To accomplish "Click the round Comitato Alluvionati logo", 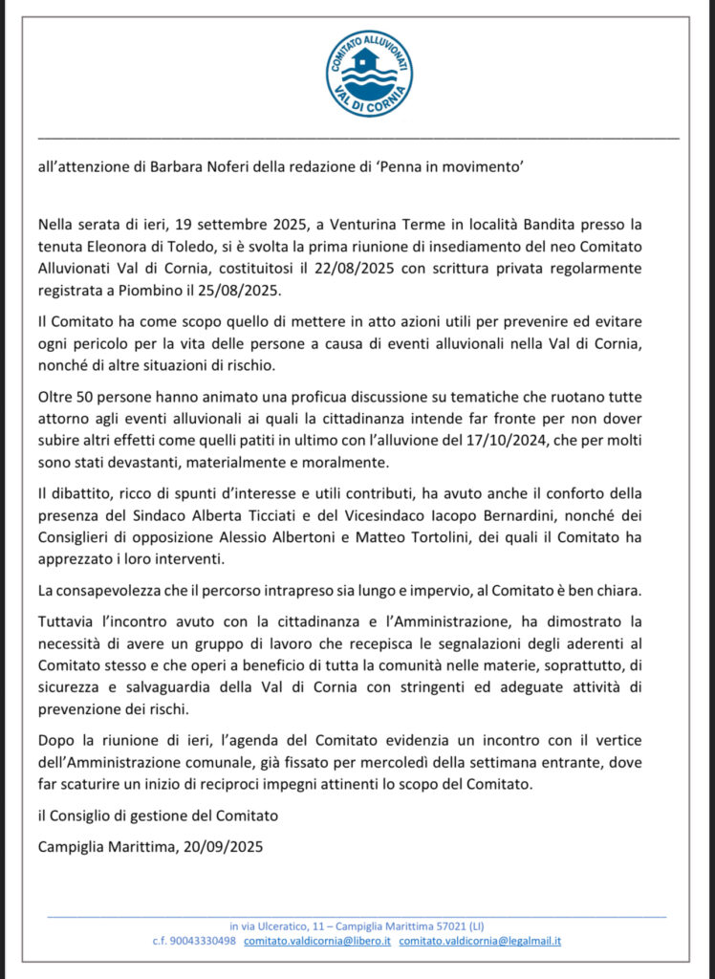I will tap(368, 74).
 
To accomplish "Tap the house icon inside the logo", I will tap(367, 62).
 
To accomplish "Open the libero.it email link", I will tap(317, 941).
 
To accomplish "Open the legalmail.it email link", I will tap(480, 941).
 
